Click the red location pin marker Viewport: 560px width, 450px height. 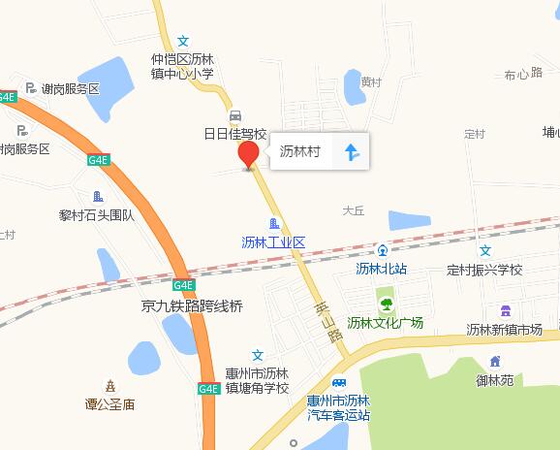248,155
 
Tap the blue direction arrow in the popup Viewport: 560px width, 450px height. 351,151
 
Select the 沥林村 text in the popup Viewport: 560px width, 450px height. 300,151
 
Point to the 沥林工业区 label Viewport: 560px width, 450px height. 273,242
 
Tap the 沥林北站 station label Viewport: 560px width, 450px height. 382,269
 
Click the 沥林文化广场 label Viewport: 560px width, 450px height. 386,323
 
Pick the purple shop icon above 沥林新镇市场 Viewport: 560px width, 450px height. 505,310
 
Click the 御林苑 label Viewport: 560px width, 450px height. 494,381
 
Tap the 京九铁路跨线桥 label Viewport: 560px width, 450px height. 191,305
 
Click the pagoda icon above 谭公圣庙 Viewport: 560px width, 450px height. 110,386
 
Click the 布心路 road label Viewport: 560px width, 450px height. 523,74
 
